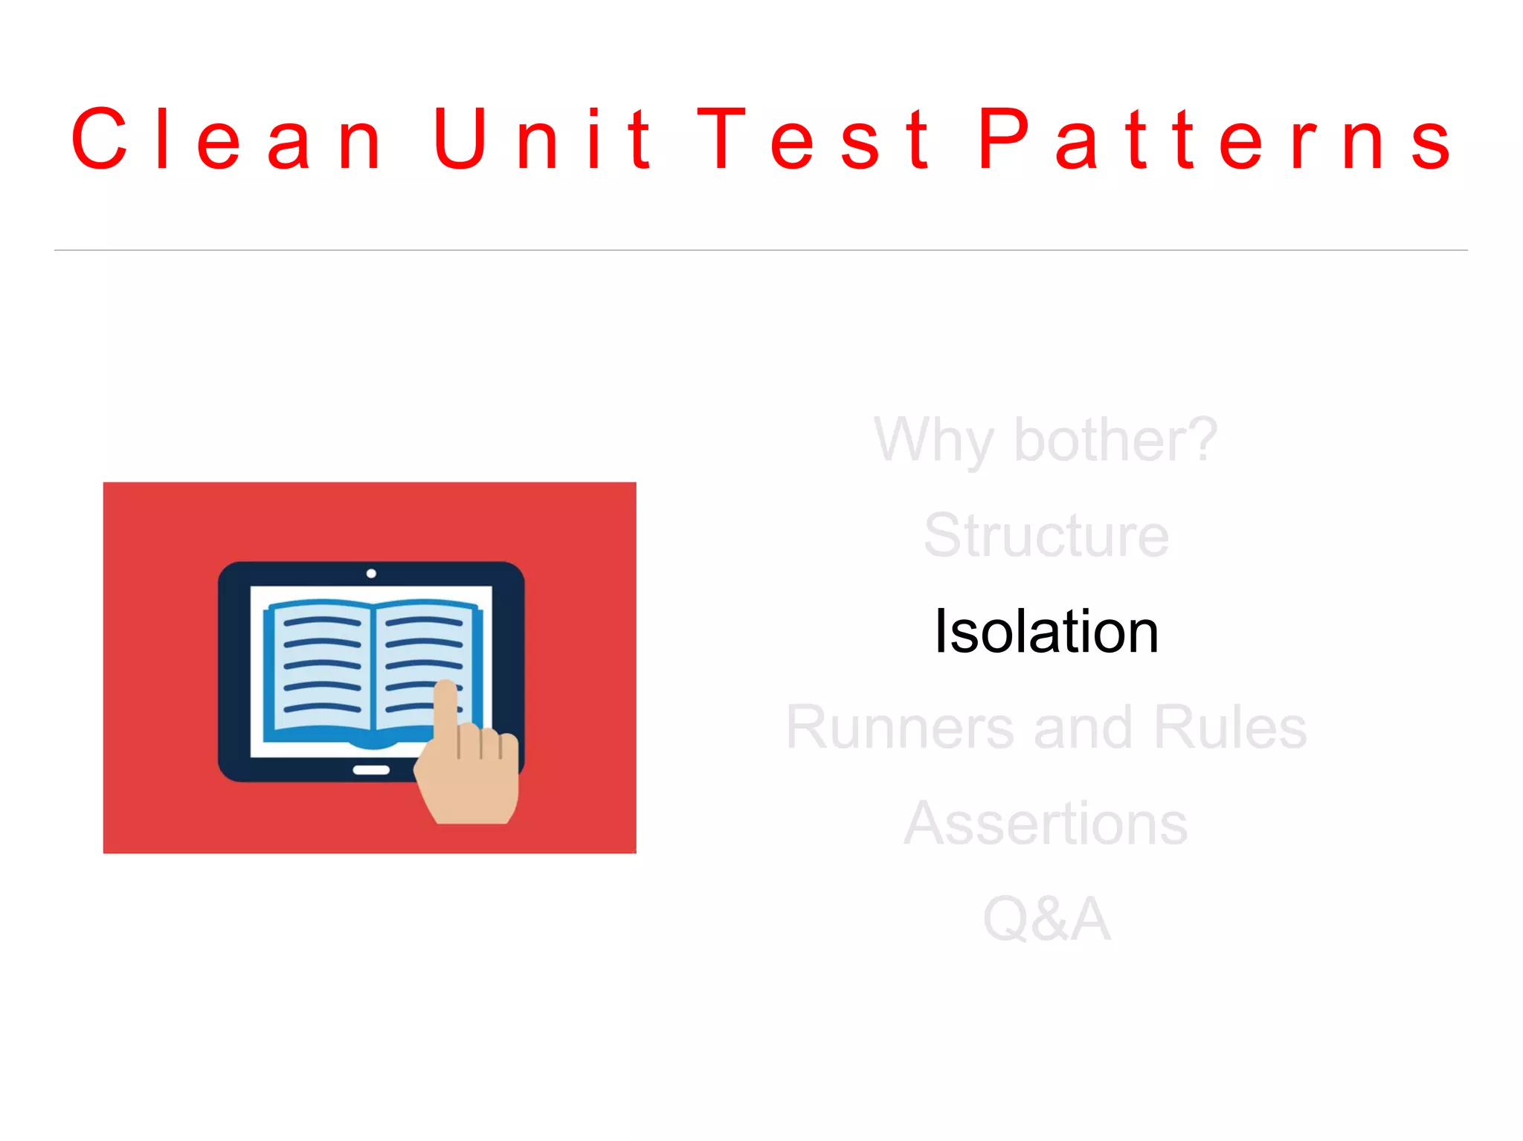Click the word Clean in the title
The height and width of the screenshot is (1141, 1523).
(x=227, y=139)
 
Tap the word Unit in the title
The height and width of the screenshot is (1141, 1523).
(x=542, y=139)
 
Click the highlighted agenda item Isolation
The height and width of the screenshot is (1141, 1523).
(x=1046, y=632)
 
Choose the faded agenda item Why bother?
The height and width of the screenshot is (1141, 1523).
(x=1046, y=441)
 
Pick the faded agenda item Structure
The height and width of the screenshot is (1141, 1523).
(x=1046, y=535)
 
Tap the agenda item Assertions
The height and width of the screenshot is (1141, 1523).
(x=1046, y=824)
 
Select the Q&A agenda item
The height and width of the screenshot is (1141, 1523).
(x=1046, y=919)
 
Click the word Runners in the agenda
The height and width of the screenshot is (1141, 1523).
(x=900, y=728)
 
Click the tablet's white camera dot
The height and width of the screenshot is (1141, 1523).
(x=371, y=573)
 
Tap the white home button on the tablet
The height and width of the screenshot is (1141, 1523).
(x=371, y=770)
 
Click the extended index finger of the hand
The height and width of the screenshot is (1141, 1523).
(x=445, y=706)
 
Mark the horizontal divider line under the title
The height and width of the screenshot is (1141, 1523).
(x=761, y=250)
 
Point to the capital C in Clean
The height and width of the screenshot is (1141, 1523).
(x=99, y=138)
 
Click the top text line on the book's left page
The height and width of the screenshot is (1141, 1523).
(x=322, y=621)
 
